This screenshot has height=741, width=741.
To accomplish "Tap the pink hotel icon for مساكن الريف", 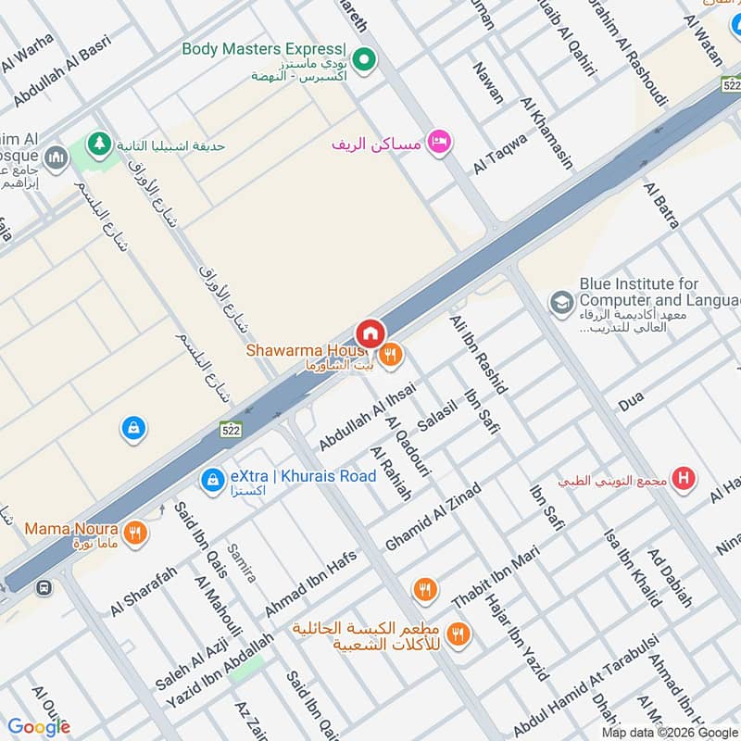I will click(440, 142).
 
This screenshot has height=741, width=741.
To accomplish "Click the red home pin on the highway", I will click(370, 333).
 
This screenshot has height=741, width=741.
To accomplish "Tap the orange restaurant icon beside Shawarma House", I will click(391, 353).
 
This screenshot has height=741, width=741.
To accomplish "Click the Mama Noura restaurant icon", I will click(135, 533).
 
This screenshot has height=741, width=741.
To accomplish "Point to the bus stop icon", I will click(44, 586).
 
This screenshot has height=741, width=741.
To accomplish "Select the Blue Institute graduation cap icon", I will click(560, 302).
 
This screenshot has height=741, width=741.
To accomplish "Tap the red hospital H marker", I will click(684, 479).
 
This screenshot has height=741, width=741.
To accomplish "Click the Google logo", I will click(39, 726).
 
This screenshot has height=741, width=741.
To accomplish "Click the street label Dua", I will click(631, 402).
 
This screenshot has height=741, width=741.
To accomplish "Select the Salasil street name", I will click(438, 420).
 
